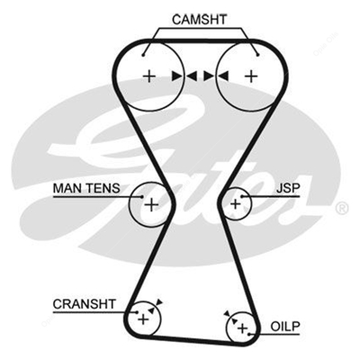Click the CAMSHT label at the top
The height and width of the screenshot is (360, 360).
[x=199, y=20]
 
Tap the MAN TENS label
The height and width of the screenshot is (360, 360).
[x=86, y=188]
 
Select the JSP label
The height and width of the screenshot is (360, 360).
[x=288, y=188]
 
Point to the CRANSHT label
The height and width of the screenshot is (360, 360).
[x=84, y=304]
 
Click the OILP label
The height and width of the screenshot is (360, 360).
[x=285, y=327]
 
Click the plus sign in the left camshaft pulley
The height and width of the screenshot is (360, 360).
[x=149, y=76]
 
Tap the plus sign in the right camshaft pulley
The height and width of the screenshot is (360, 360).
[x=251, y=76]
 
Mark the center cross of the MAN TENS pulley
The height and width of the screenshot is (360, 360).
[x=151, y=205]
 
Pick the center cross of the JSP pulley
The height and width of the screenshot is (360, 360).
[x=236, y=204]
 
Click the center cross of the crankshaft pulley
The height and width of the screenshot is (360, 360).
[x=143, y=319]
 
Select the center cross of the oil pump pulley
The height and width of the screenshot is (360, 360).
[x=242, y=328]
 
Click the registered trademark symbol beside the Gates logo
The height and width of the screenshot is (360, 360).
[x=342, y=208]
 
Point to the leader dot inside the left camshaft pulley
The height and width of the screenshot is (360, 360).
[x=143, y=55]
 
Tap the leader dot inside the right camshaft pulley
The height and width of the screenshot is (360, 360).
[x=258, y=55]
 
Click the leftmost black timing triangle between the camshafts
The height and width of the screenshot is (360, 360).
[x=177, y=76]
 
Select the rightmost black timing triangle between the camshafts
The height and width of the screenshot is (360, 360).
[x=223, y=76]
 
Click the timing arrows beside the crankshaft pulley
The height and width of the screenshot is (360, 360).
[x=156, y=306]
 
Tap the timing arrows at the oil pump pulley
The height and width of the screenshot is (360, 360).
[x=230, y=318]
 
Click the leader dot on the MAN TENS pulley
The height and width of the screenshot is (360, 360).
[x=142, y=196]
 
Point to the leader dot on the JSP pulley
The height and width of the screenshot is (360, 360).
[x=241, y=196]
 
